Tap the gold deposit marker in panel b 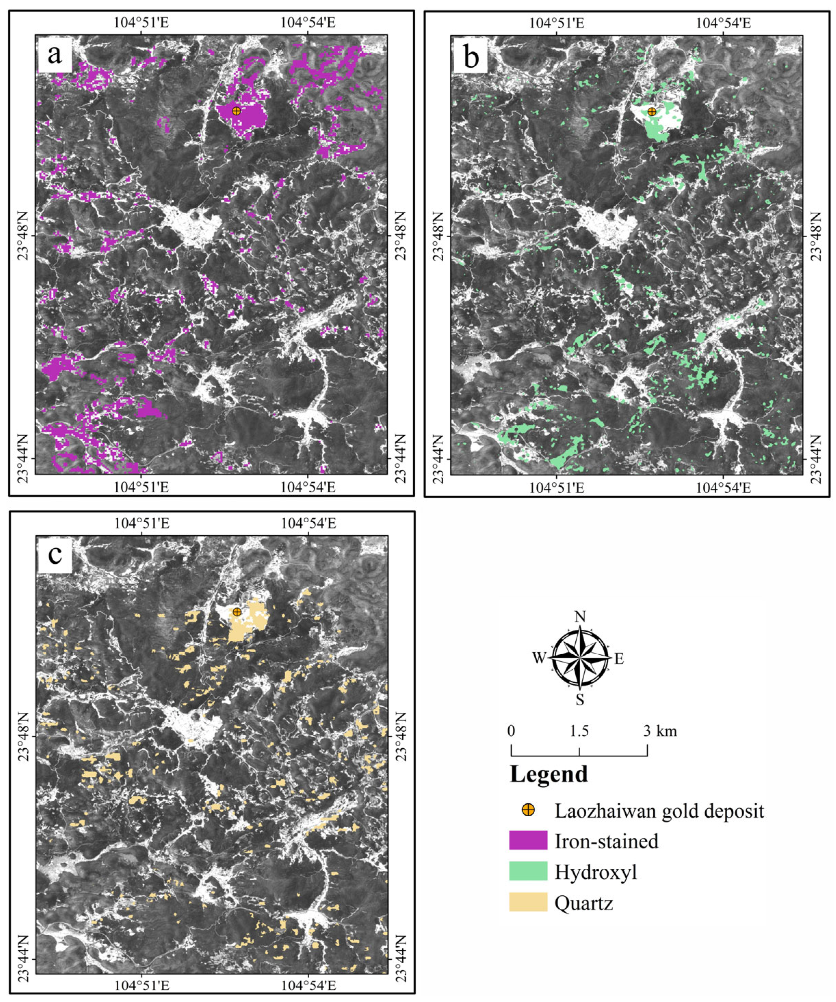652,112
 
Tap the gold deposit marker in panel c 237,612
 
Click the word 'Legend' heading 549,774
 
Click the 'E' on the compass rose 619,659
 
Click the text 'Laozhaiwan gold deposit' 659,810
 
